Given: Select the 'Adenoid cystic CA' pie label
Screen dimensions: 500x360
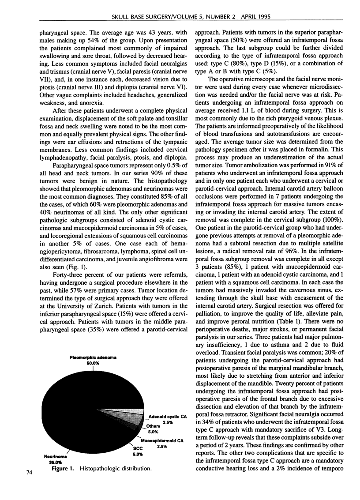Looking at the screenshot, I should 166,416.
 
